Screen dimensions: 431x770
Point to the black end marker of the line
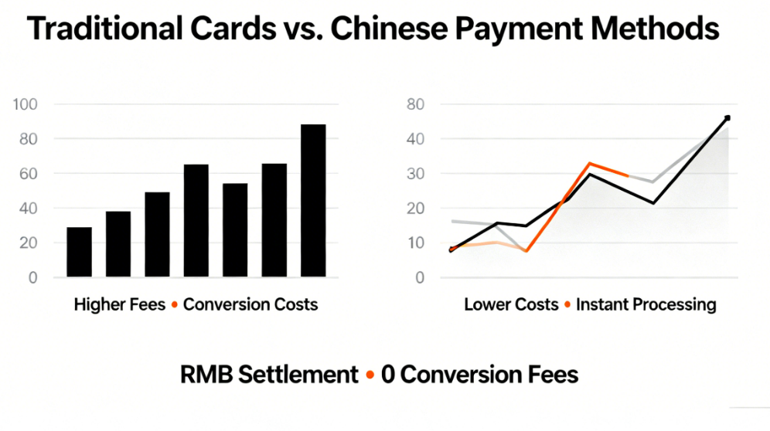(x=727, y=118)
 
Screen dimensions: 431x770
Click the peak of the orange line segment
(x=590, y=164)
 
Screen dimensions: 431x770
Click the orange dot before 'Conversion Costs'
(x=175, y=305)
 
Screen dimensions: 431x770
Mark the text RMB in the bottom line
(x=207, y=375)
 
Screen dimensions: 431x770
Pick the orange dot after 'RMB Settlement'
(x=370, y=375)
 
